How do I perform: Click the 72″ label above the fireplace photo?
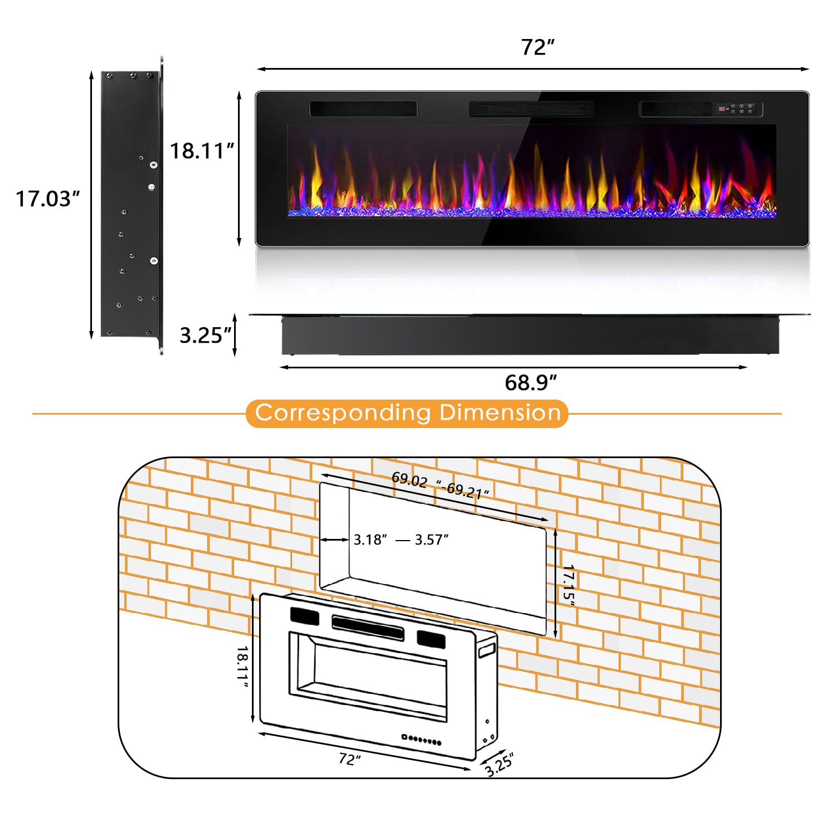pyautogui.click(x=538, y=47)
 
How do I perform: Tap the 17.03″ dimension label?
pyautogui.click(x=47, y=199)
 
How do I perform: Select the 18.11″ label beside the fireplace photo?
pyautogui.click(x=202, y=151)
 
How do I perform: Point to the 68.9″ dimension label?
pyautogui.click(x=531, y=383)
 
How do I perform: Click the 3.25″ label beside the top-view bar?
pyautogui.click(x=205, y=336)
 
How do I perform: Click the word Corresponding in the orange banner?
pyautogui.click(x=343, y=413)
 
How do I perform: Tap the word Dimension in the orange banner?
pyautogui.click(x=499, y=413)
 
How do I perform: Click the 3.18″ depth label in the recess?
pyautogui.click(x=370, y=539)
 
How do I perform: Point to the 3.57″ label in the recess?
pyautogui.click(x=431, y=539)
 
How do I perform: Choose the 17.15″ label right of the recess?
pyautogui.click(x=568, y=583)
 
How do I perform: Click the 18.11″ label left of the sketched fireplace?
pyautogui.click(x=242, y=667)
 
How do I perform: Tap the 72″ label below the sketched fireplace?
pyautogui.click(x=350, y=759)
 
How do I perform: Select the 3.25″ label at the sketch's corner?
pyautogui.click(x=498, y=764)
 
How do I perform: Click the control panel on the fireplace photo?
pyautogui.click(x=738, y=109)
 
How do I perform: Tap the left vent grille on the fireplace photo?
pyautogui.click(x=363, y=109)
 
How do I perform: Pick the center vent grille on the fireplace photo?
pyautogui.click(x=531, y=109)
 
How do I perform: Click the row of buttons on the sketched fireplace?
pyautogui.click(x=422, y=740)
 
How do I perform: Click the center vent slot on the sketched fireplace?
pyautogui.click(x=368, y=628)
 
